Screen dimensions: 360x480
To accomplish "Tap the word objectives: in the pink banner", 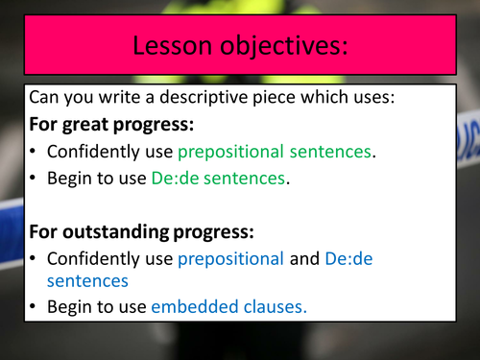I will click(x=282, y=44).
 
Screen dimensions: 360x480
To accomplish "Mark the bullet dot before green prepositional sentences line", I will click(x=35, y=151).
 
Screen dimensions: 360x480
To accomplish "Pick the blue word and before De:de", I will click(x=303, y=257).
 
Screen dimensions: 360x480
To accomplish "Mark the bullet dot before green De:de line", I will click(x=35, y=178).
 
